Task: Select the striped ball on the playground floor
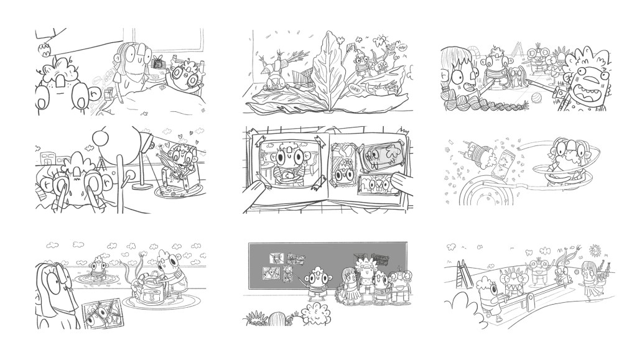point(536,98)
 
